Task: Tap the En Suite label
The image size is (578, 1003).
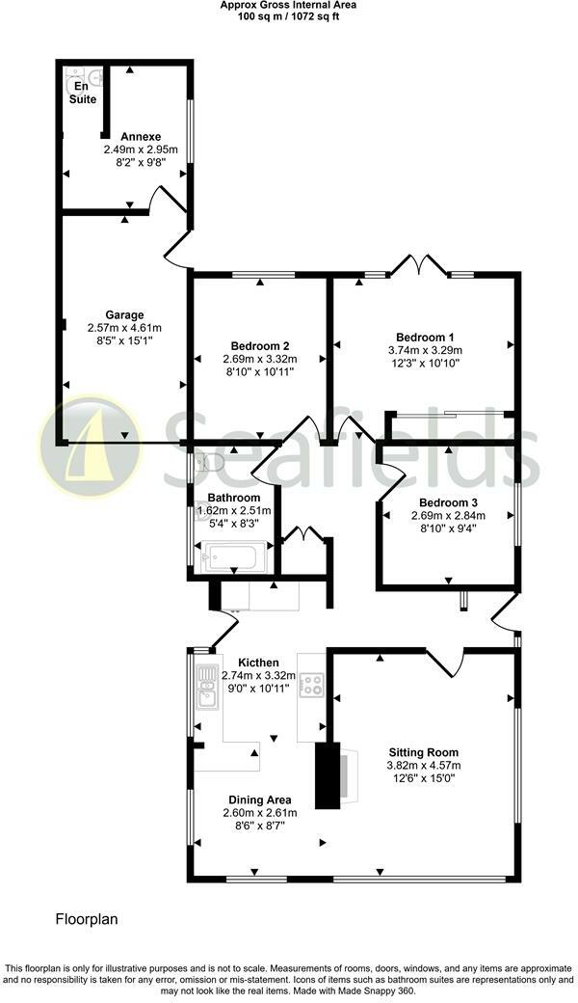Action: [x=82, y=94]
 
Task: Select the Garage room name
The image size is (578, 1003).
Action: [x=124, y=314]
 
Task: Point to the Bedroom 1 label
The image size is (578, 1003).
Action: [x=425, y=337]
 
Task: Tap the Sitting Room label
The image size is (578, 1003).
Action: [x=423, y=752]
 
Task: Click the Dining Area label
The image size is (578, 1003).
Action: [x=259, y=800]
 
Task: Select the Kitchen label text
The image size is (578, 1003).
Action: [x=258, y=663]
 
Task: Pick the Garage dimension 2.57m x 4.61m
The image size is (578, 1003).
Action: [x=124, y=327]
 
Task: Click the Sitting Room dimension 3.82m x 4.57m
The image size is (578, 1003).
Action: [x=423, y=766]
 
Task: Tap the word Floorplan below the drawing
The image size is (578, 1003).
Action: [x=86, y=919]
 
